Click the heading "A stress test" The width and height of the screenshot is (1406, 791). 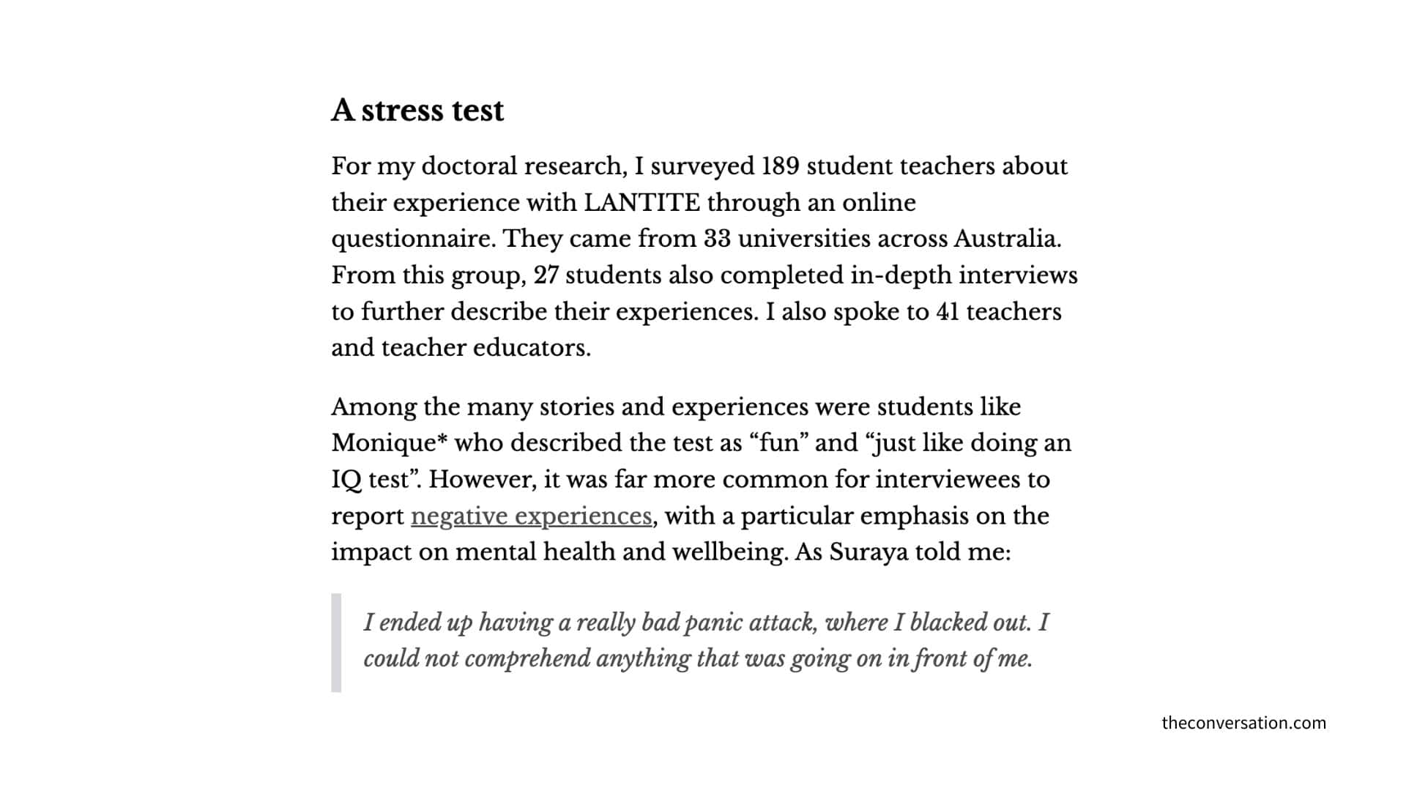point(417,111)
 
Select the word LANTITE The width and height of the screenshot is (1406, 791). point(641,203)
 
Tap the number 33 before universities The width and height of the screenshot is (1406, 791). point(718,239)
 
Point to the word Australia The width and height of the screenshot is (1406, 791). point(1007,239)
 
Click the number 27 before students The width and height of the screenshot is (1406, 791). point(546,275)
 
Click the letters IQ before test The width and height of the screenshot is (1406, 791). point(346,480)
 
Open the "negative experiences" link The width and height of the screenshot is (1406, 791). point(531,516)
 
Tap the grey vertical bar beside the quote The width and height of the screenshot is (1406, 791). point(336,642)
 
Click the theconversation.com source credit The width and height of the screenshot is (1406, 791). point(1243,723)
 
